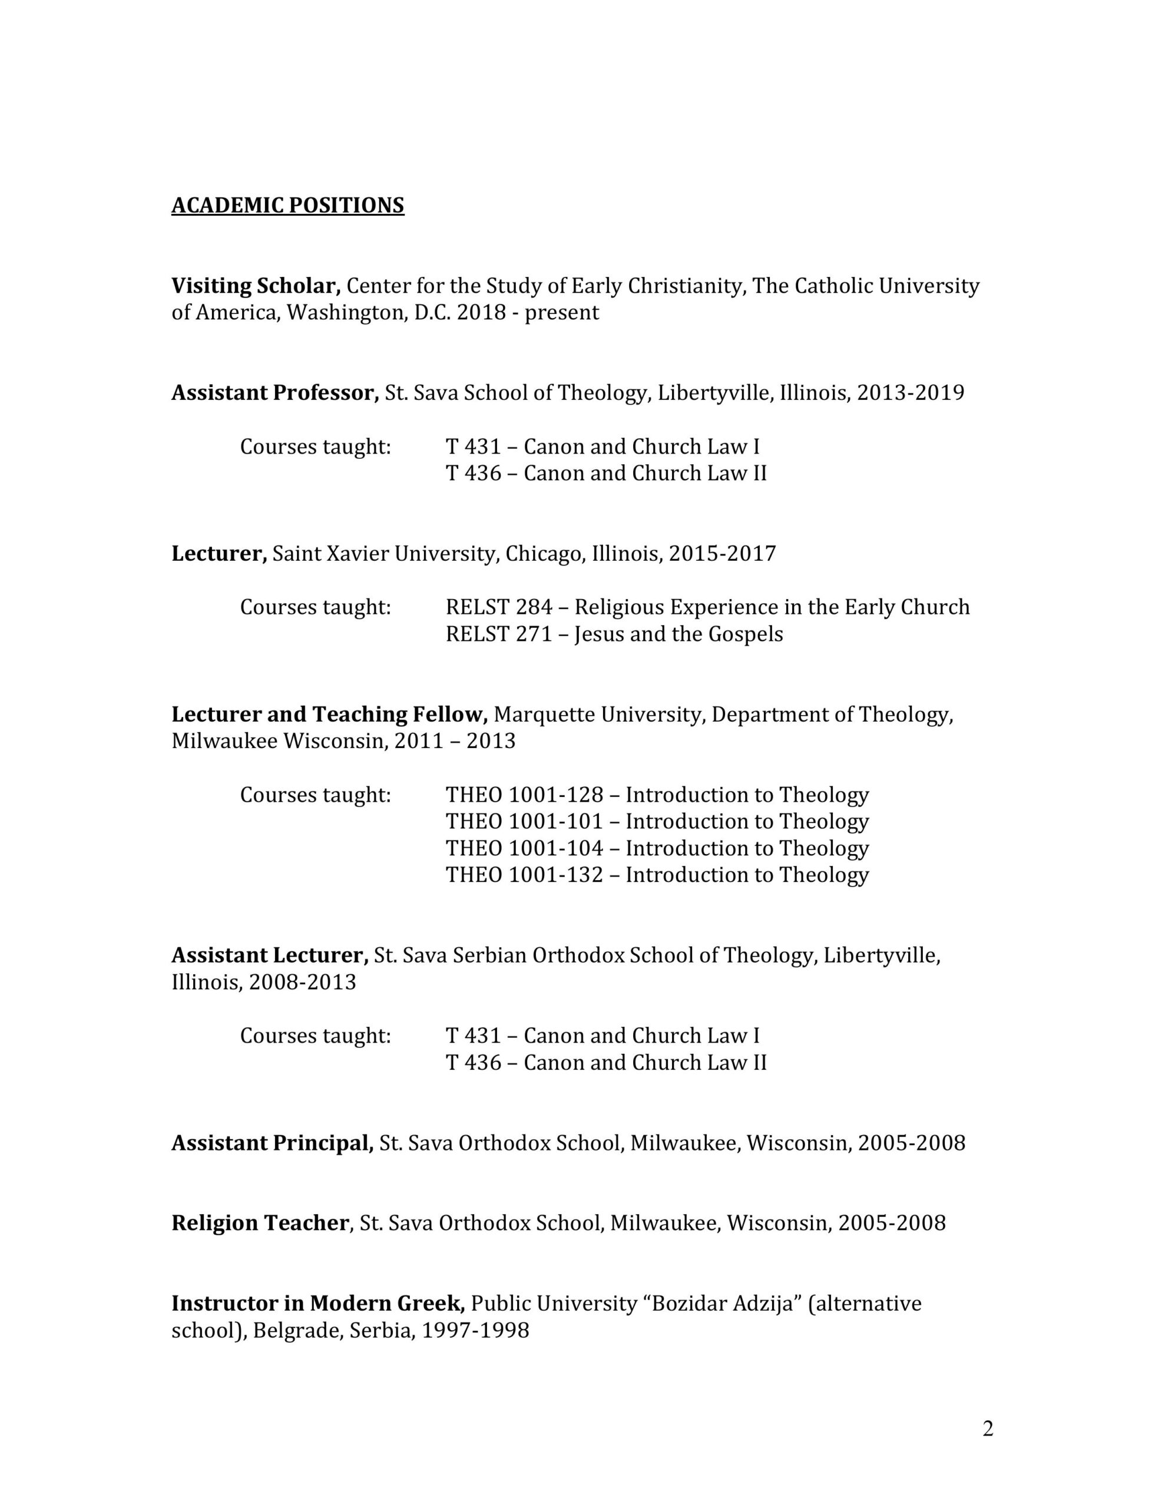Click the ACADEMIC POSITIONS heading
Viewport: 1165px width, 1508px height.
tap(287, 206)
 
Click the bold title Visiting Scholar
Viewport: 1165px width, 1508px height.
tap(256, 286)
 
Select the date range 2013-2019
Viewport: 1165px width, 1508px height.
tap(910, 393)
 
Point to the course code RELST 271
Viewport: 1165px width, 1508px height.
tap(499, 634)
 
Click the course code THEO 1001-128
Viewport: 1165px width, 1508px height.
tap(524, 795)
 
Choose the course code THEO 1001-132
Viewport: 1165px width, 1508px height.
tap(524, 875)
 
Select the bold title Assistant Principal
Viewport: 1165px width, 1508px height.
tap(272, 1143)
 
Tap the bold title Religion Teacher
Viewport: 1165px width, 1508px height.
tap(260, 1223)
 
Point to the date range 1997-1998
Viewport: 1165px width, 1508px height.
tap(475, 1331)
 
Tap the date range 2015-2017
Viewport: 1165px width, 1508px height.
tap(722, 554)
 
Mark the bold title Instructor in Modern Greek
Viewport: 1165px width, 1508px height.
tap(317, 1304)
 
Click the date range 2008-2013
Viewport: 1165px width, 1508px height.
tap(303, 983)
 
